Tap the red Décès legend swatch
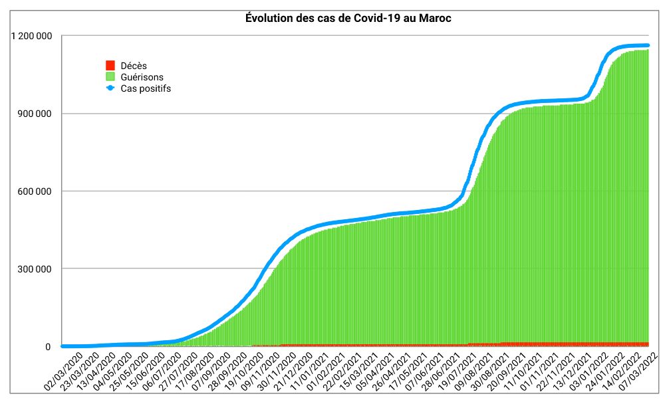(x=110, y=66)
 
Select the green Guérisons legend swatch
(x=110, y=77)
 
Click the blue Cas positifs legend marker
(x=110, y=88)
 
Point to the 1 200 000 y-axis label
(x=32, y=36)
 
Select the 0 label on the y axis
(x=48, y=347)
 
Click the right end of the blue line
(x=647, y=45)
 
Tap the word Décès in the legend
(x=134, y=66)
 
